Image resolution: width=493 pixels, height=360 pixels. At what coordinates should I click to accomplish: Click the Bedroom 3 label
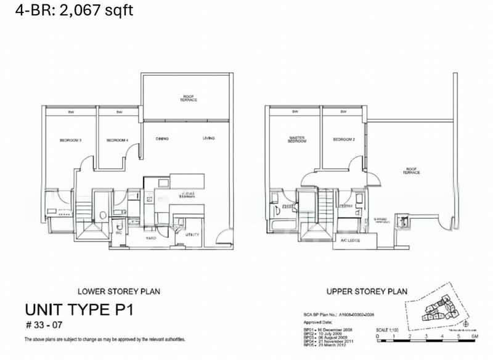pos(71,141)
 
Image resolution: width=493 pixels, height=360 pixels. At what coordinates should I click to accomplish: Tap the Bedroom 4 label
pos(117,141)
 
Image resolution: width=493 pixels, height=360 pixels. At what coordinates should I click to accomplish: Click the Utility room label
pos(192,235)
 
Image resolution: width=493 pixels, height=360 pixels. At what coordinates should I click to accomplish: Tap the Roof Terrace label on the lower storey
pos(188,97)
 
